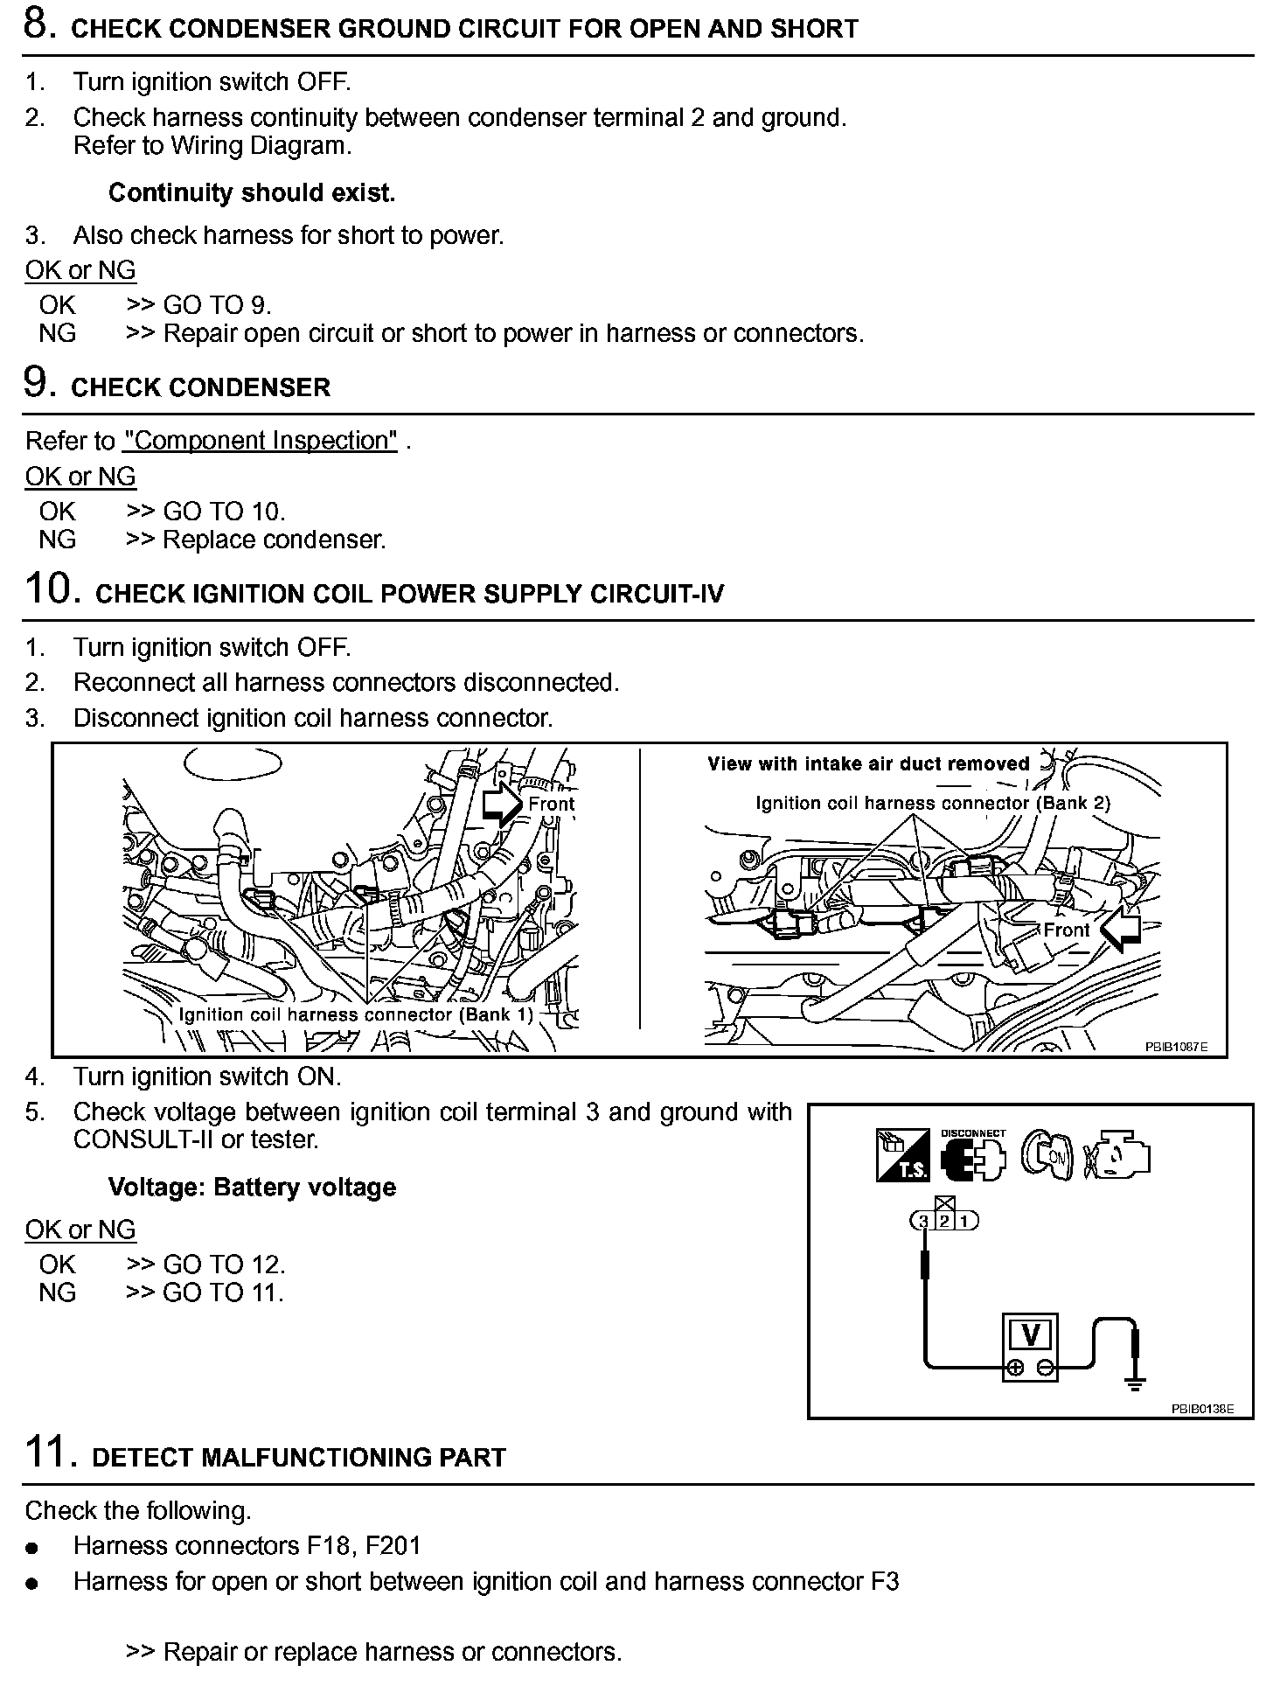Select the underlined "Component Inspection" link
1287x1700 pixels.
[261, 441]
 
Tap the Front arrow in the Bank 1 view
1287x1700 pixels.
[501, 804]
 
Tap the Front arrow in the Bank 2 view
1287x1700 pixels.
[1120, 930]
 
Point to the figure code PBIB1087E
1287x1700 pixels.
[1176, 1047]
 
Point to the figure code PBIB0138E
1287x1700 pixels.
[1202, 1409]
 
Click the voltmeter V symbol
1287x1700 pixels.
[1030, 1335]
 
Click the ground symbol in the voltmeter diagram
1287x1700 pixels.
[1135, 1384]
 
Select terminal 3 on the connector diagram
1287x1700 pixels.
[924, 1222]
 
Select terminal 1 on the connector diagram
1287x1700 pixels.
[965, 1222]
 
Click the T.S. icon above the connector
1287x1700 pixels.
[903, 1156]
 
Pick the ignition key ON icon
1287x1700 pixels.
[1047, 1156]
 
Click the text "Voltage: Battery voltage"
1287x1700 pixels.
[252, 1188]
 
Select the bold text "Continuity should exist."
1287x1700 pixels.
[252, 193]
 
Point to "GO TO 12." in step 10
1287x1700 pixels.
[224, 1265]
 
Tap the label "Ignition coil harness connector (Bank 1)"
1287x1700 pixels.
[356, 1014]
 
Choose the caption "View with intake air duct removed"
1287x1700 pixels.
[869, 764]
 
